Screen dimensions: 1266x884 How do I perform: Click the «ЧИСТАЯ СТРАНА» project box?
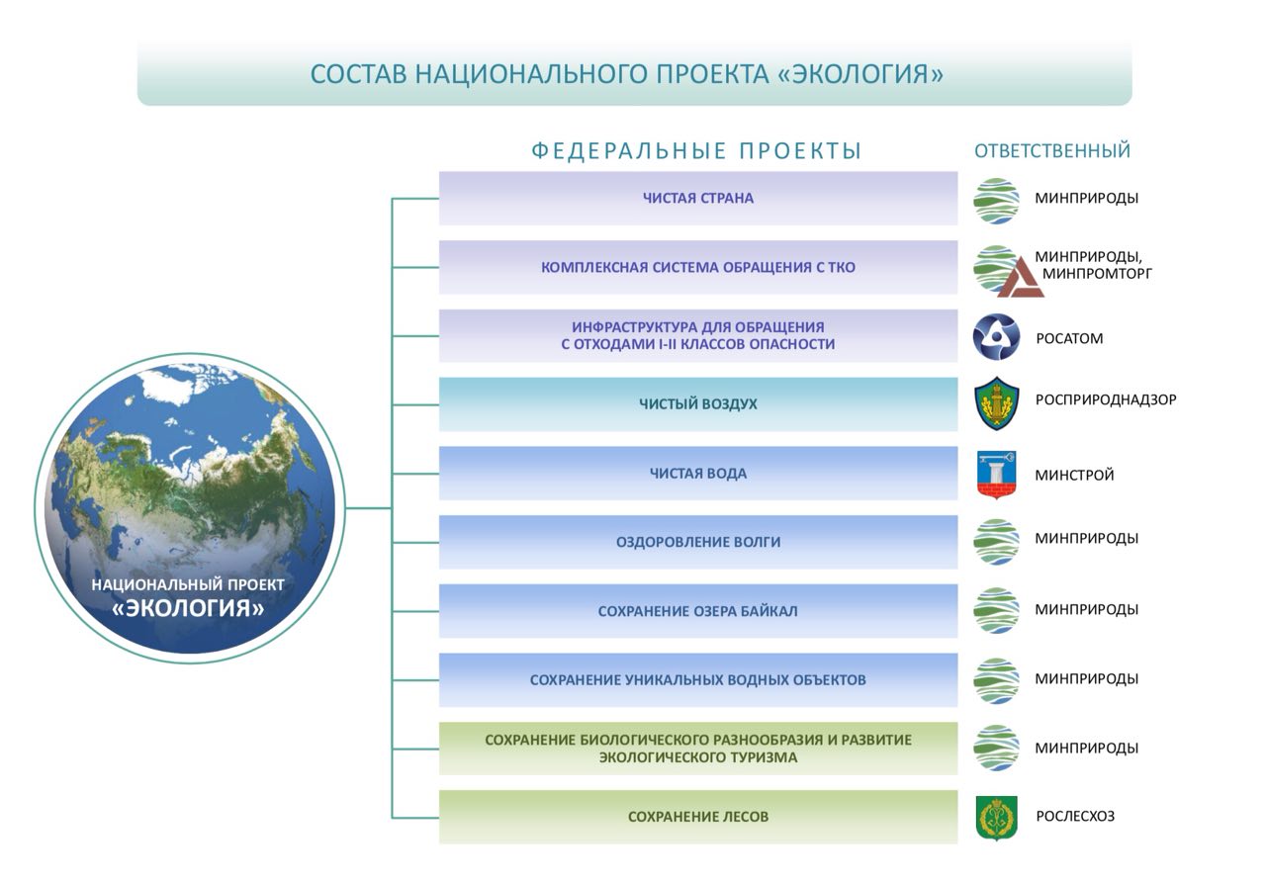698,199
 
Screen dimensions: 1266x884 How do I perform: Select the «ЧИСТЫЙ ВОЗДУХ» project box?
698,404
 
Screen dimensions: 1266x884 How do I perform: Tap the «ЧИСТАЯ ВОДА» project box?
698,474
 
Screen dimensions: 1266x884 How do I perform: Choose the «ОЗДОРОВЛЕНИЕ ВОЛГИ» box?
698,543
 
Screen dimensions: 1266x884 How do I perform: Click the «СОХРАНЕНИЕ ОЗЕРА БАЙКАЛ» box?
698,611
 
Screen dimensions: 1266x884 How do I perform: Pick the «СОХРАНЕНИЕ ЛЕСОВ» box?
698,818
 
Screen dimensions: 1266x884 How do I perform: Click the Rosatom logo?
996,337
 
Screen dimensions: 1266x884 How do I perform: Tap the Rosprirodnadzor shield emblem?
997,403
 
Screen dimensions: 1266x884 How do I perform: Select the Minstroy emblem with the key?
996,475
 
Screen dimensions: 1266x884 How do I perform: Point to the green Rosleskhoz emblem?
996,818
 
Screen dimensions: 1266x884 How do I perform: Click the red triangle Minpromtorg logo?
1021,278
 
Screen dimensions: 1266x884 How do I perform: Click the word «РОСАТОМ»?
1069,338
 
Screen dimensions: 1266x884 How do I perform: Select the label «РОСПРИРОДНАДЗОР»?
1106,399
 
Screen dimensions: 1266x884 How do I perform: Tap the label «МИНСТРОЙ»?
1074,476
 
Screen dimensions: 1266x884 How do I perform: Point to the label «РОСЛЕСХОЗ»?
1075,816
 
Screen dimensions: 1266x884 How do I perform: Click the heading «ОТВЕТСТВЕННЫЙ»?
1052,151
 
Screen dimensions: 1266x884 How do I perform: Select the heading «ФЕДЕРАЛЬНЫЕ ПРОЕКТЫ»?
696,151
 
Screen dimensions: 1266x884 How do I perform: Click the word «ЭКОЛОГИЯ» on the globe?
188,608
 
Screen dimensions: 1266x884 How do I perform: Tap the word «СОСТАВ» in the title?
359,74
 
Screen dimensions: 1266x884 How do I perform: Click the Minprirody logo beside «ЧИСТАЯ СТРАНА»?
996,201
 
